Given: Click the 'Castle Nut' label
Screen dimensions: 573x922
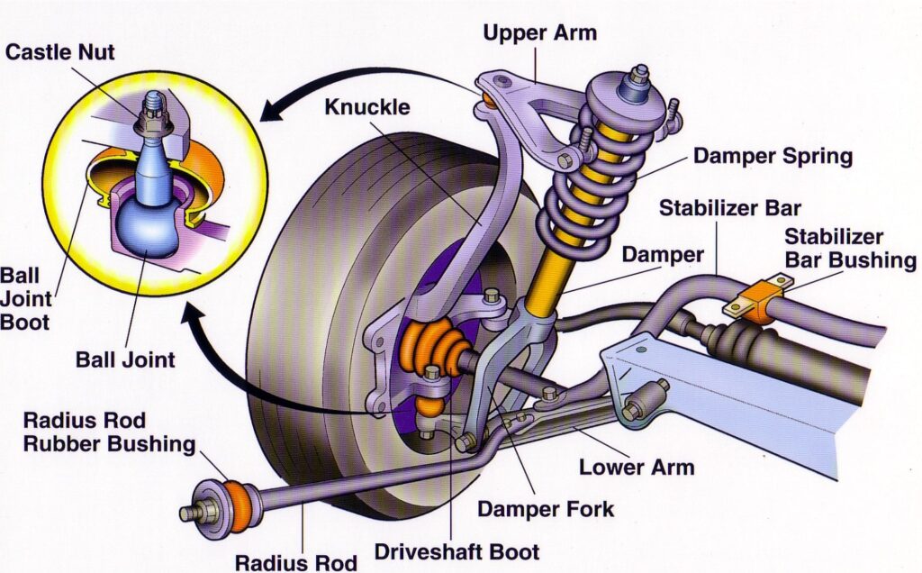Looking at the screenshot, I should [x=60, y=52].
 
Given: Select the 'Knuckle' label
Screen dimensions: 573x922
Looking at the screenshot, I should [x=367, y=107].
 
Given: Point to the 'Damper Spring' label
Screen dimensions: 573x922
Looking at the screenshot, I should [x=772, y=156].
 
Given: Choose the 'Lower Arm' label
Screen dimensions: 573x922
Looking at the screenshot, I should [x=636, y=467].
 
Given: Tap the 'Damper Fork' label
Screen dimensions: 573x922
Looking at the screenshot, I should [x=546, y=508].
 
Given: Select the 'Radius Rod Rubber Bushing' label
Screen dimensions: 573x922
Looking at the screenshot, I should [x=110, y=432].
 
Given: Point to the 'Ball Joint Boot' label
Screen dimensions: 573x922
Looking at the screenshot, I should [x=26, y=296].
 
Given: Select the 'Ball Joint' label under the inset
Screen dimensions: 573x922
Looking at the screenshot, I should [x=126, y=360].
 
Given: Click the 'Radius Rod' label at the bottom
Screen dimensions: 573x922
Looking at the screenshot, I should [x=296, y=562].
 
